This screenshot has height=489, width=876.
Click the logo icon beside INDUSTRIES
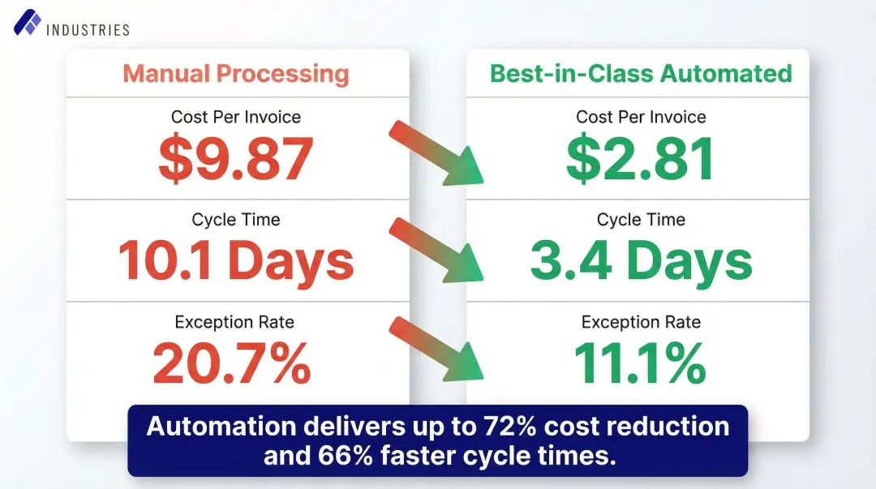coord(27,23)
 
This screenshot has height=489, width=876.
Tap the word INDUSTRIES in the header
coord(88,30)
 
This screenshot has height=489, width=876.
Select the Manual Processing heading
coord(236,74)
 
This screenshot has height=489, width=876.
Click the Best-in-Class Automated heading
coord(641,74)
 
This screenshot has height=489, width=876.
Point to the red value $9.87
coord(236,159)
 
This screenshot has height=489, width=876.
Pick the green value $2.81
coord(641,159)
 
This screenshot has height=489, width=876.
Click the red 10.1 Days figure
coord(236,261)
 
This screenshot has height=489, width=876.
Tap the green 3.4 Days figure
coord(641,261)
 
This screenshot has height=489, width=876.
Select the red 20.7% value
coord(233,363)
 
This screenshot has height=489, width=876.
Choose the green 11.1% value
coord(641,363)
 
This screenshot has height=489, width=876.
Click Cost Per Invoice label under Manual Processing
coord(236,117)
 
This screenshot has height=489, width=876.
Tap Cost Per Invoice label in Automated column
coord(641,117)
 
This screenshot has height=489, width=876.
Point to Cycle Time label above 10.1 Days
coord(236,220)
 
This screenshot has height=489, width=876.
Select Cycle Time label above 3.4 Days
coord(641,220)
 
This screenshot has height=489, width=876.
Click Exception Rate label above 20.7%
coord(234,322)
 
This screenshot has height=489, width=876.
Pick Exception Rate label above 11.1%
coord(641,322)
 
